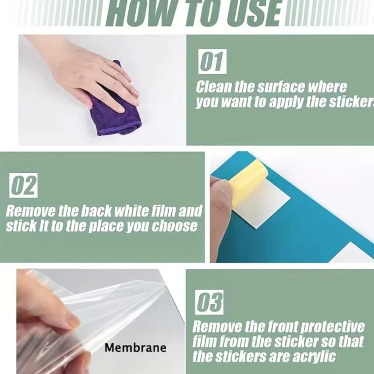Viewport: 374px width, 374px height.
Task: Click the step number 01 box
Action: coord(212,62)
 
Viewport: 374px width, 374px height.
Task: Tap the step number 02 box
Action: coord(23,186)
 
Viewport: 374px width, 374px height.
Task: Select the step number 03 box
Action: coord(209,302)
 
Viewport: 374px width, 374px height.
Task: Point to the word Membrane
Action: coord(135,347)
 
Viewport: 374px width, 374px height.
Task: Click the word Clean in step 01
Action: coord(214,87)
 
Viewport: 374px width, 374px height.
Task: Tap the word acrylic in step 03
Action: coord(314,357)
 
